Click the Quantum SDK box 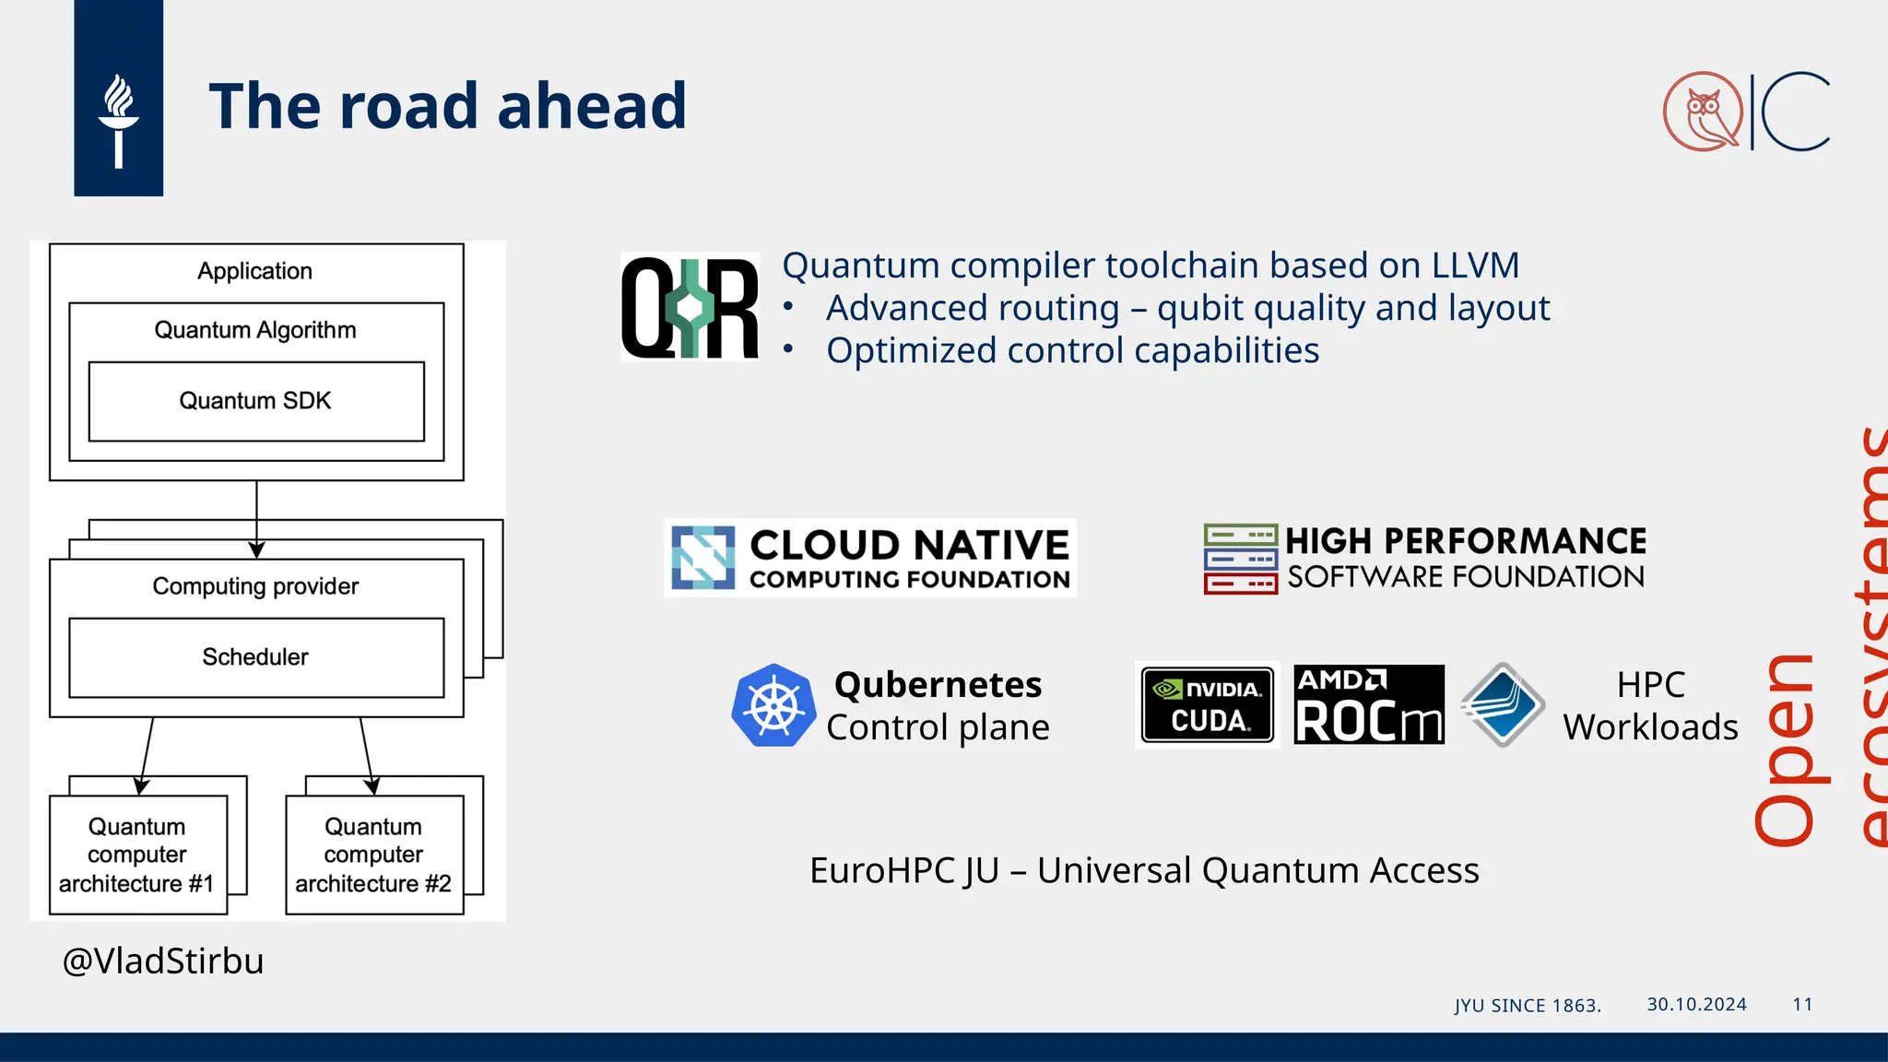[x=255, y=401]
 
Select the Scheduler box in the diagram [x=255, y=657]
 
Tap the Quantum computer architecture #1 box [x=137, y=855]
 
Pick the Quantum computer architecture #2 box [x=373, y=855]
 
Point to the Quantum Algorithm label [x=255, y=330]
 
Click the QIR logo [x=690, y=307]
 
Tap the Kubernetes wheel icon [x=773, y=706]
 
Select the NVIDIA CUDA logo [x=1207, y=705]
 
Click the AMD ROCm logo [x=1368, y=705]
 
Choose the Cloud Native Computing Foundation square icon [x=702, y=557]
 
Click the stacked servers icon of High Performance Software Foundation [x=1240, y=559]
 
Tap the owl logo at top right [x=1703, y=112]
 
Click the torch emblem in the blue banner [x=118, y=120]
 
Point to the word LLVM [x=1474, y=265]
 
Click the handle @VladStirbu [x=163, y=961]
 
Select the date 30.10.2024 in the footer [x=1696, y=1004]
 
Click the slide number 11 [x=1802, y=1004]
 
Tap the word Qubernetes [x=938, y=685]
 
